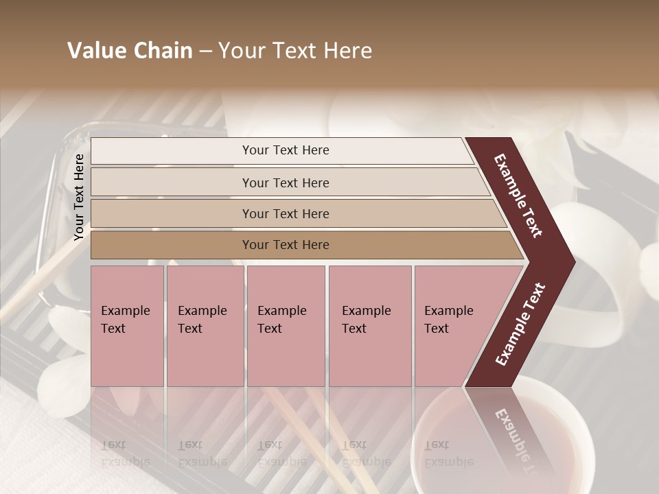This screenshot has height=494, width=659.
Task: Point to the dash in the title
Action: (x=205, y=51)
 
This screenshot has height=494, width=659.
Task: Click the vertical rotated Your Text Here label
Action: (x=79, y=197)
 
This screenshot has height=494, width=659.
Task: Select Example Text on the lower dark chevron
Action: (x=520, y=325)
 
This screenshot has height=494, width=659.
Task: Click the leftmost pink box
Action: (x=127, y=326)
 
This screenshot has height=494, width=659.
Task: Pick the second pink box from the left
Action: (x=205, y=326)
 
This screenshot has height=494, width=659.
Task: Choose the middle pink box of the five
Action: (x=286, y=326)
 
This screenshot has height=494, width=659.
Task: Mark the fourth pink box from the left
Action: (x=370, y=326)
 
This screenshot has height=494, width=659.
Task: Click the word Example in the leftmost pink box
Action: (x=125, y=311)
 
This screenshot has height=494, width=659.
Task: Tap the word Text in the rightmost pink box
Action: (x=437, y=329)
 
